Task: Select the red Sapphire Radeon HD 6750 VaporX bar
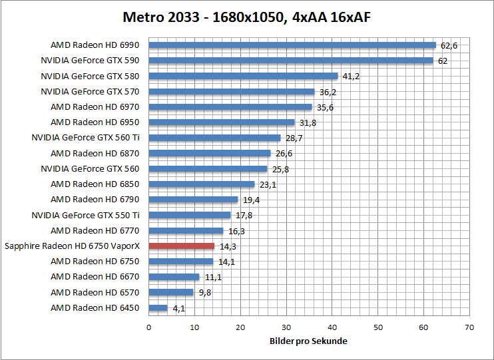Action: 181,246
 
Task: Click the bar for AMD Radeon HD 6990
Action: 292,45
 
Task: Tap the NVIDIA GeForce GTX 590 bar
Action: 290,61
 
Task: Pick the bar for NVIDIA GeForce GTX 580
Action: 243,76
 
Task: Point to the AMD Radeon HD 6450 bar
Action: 158,308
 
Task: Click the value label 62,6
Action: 449,45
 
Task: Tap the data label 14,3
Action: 227,246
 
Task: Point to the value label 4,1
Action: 178,308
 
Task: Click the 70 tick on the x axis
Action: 469,327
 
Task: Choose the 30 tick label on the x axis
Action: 286,327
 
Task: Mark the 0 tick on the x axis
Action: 148,327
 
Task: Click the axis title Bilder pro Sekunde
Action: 308,341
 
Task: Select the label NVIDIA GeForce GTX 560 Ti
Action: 85,138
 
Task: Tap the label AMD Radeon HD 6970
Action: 95,107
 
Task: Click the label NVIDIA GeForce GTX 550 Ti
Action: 85,215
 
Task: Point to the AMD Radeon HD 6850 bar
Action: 201,184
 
